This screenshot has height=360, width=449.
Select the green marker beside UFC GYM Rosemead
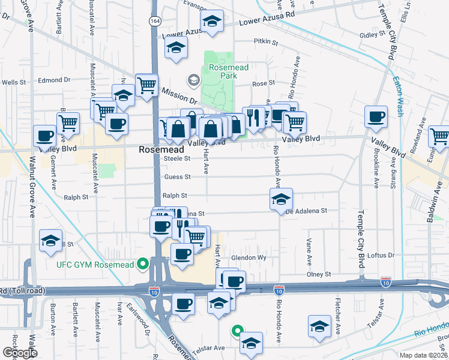tap(143, 263)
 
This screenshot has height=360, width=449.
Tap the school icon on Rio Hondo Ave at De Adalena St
tap(280, 200)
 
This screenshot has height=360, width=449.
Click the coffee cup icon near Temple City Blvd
tap(376, 117)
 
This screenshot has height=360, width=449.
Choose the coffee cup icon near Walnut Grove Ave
tap(44, 136)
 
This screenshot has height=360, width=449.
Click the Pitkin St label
tap(266, 43)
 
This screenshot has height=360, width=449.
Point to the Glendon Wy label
tap(249, 257)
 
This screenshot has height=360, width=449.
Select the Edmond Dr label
tap(54, 79)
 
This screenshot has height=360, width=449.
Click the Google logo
tap(20, 353)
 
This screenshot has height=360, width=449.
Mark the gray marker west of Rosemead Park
tap(193, 80)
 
